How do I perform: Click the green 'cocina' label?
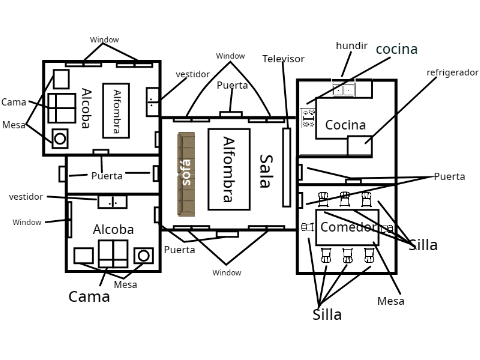[396, 49]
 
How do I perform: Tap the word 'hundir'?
[351, 46]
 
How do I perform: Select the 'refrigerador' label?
[452, 73]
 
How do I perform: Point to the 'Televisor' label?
[283, 59]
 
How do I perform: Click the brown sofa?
[186, 174]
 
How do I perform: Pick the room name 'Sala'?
[266, 171]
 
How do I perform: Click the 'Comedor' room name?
[346, 227]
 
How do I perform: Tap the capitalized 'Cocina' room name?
[345, 125]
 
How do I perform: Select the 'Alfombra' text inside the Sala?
[229, 169]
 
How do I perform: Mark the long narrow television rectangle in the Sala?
[286, 167]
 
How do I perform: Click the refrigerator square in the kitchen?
[360, 146]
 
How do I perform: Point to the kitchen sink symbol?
[344, 89]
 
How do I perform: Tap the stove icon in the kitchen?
[308, 118]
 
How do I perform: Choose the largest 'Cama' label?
[89, 297]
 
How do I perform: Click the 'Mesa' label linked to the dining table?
[391, 301]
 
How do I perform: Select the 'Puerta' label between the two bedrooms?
[107, 176]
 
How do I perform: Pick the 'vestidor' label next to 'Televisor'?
[193, 74]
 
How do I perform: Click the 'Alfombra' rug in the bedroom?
[116, 111]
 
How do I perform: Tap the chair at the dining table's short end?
[308, 227]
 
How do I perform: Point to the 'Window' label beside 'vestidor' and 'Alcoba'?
[27, 222]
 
